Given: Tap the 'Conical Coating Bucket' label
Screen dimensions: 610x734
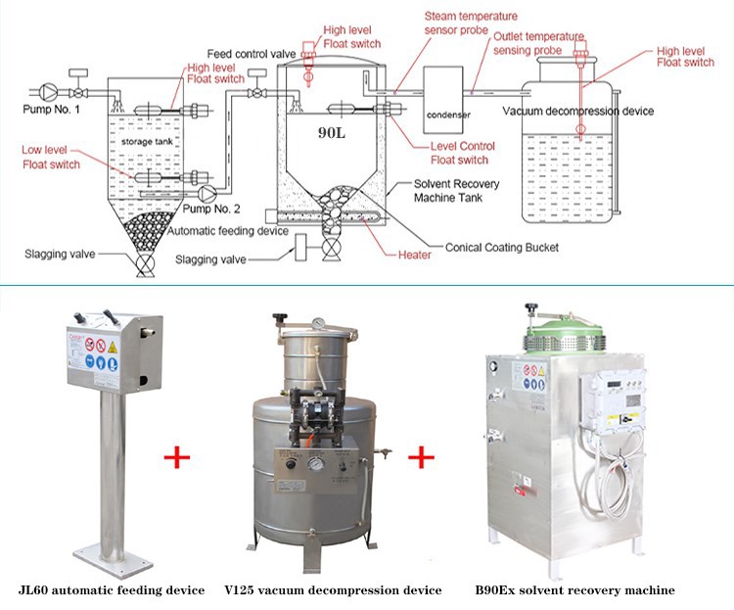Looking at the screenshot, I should (501, 248).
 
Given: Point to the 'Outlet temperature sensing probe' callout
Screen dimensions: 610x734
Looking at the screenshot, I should (538, 42).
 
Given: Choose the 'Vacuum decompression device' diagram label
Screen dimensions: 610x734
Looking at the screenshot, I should (578, 111).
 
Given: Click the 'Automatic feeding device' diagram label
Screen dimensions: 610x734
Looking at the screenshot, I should (227, 232).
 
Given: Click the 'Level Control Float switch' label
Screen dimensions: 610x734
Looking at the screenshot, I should (462, 153).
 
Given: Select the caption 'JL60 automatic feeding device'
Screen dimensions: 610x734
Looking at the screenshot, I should (112, 590).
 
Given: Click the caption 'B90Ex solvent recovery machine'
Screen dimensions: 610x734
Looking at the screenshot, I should (574, 590).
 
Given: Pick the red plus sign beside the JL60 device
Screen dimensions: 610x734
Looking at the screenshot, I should (176, 456).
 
